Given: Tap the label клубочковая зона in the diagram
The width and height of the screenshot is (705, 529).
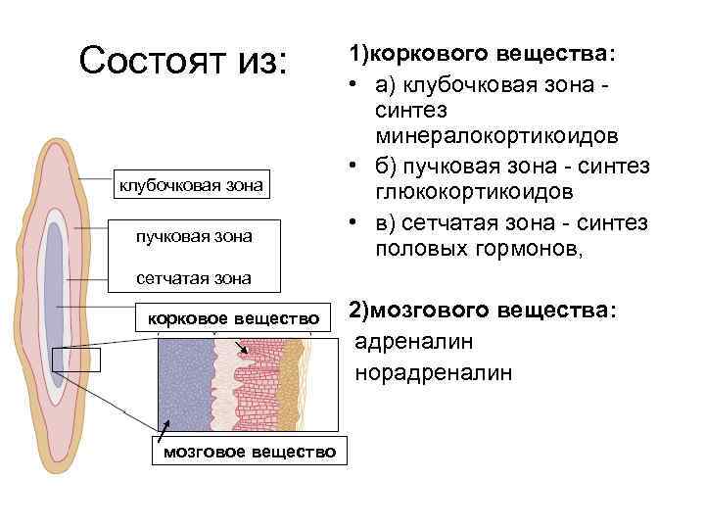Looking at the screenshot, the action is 191,184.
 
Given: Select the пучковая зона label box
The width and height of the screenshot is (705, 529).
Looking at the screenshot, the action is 193,235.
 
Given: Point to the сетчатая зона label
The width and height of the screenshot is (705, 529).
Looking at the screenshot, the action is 193,278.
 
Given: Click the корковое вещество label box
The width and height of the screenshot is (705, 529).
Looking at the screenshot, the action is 233,318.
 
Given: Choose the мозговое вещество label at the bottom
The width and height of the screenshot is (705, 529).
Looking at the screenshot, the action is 249,452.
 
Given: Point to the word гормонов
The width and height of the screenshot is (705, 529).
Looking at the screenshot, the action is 529,251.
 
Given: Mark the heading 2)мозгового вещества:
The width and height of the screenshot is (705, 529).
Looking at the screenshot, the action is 484,311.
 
